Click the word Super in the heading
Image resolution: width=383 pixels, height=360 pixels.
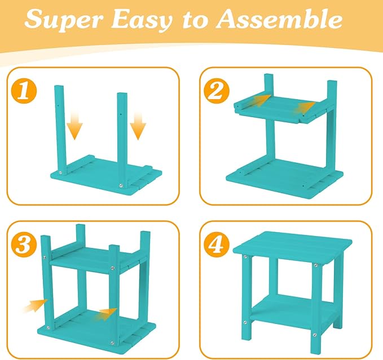[63, 20]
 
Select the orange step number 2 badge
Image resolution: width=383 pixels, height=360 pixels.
[217, 91]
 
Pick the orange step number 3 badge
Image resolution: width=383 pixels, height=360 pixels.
[24, 244]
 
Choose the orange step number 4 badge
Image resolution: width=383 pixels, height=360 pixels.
[217, 244]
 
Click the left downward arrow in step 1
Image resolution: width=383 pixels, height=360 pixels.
[75, 126]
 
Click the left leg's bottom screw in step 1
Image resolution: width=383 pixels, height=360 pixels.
[60, 172]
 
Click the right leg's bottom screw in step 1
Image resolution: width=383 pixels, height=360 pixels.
[121, 186]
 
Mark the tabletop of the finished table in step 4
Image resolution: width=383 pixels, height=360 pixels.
[292, 245]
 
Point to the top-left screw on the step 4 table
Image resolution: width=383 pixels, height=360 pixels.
[245, 256]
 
